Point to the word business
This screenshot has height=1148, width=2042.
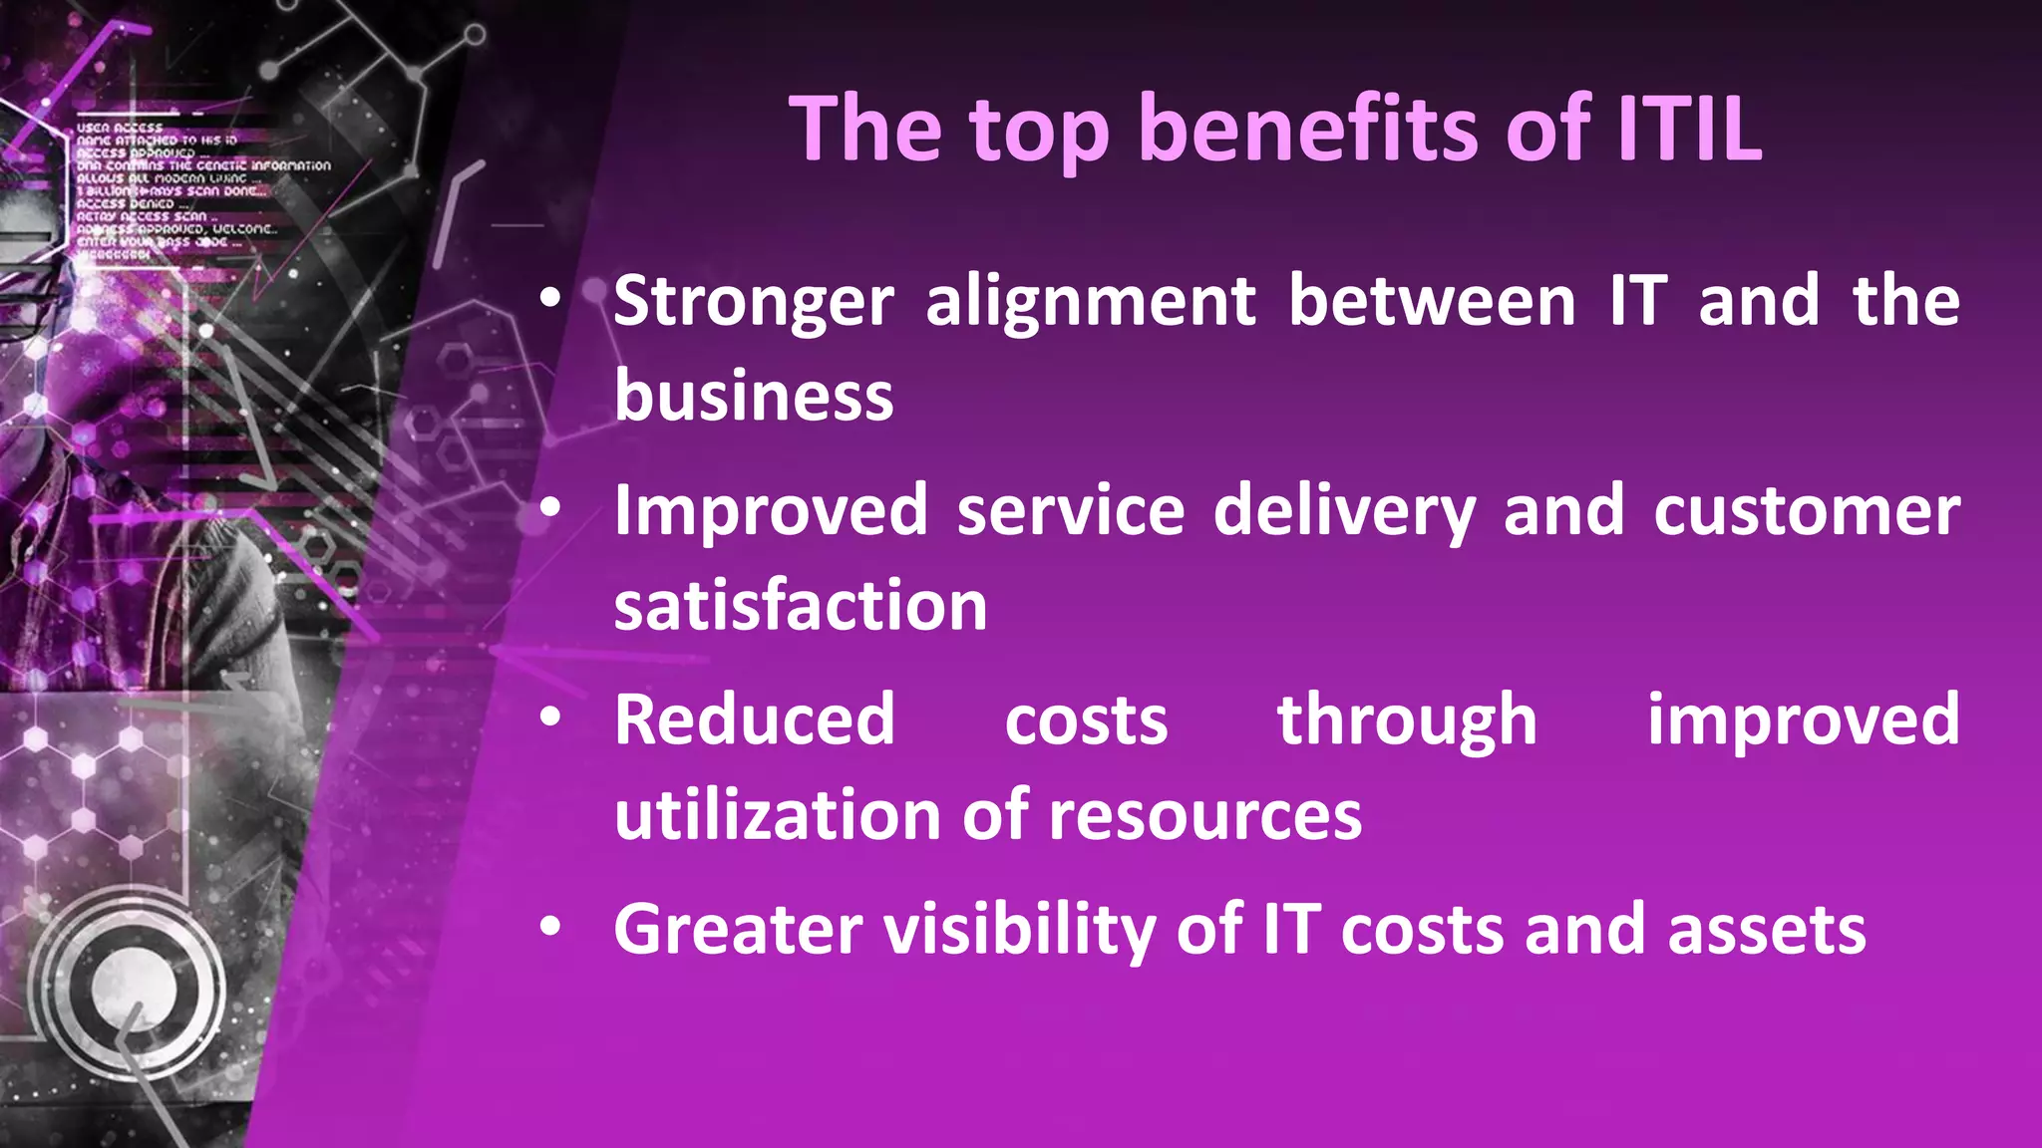tap(754, 397)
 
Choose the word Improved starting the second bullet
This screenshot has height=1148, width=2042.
tap(771, 510)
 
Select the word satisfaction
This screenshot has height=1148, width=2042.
tap(801, 606)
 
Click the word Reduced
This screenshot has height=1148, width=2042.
tap(755, 719)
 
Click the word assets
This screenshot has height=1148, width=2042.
tap(1767, 929)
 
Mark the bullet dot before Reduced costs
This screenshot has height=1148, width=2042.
tap(550, 717)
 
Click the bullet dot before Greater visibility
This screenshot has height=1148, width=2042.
tap(550, 927)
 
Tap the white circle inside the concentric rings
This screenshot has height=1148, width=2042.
tap(134, 987)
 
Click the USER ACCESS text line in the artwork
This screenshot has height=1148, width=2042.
tap(120, 128)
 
